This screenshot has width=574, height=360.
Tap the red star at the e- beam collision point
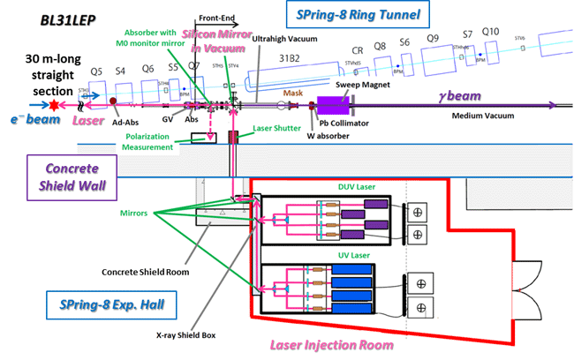(x=55, y=105)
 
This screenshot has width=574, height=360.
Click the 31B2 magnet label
(x=291, y=59)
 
